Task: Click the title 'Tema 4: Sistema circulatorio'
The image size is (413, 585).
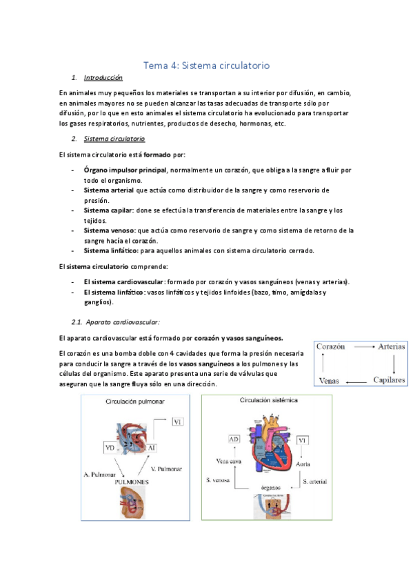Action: click(x=205, y=66)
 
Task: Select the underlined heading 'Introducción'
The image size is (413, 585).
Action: click(x=103, y=78)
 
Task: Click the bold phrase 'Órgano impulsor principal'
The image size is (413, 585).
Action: click(x=125, y=170)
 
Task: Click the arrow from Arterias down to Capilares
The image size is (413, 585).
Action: click(x=394, y=364)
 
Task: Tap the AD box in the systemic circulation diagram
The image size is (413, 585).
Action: click(x=234, y=439)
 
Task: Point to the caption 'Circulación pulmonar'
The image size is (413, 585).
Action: click(x=135, y=401)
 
